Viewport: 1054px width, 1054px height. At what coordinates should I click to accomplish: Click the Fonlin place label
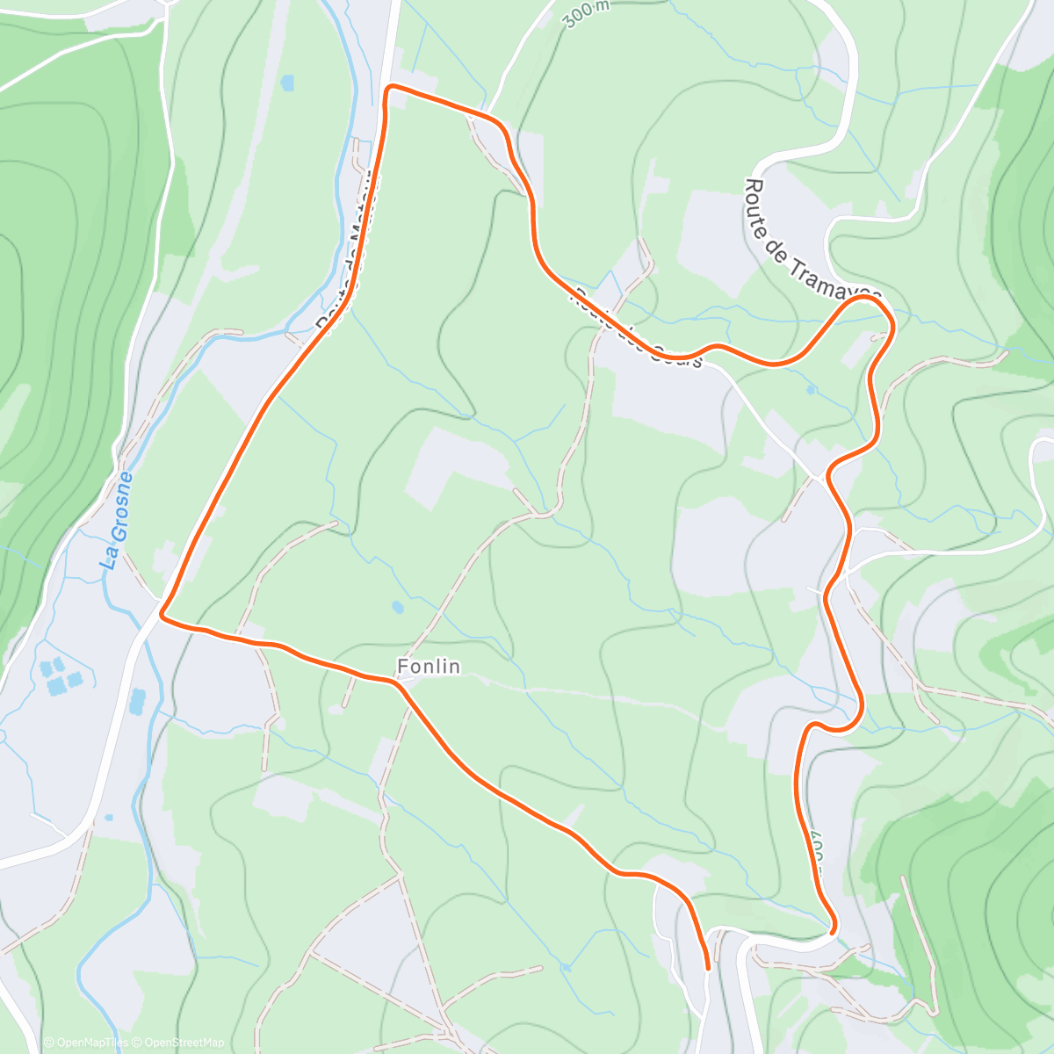pyautogui.click(x=428, y=667)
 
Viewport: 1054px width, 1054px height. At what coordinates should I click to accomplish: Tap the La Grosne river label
pyautogui.click(x=117, y=521)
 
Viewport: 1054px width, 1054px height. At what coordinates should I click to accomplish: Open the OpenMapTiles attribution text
pyautogui.click(x=85, y=1043)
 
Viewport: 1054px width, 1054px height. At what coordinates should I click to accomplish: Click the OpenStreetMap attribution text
pyautogui.click(x=180, y=1043)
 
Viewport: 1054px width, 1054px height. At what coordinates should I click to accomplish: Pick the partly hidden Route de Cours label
pyautogui.click(x=637, y=329)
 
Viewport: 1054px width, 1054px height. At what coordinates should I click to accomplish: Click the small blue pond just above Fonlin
pyautogui.click(x=398, y=606)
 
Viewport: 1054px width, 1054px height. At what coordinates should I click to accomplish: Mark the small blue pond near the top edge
pyautogui.click(x=287, y=83)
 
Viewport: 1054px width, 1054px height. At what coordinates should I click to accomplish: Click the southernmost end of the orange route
pyautogui.click(x=708, y=968)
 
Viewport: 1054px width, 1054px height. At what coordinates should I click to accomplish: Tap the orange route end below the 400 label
pyautogui.click(x=831, y=928)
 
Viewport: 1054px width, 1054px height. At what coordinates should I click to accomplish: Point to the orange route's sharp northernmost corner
pyautogui.click(x=390, y=86)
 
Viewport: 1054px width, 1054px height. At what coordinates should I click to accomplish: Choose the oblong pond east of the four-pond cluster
pyautogui.click(x=138, y=700)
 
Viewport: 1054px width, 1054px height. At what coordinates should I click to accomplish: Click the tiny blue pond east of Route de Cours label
pyautogui.click(x=810, y=388)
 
